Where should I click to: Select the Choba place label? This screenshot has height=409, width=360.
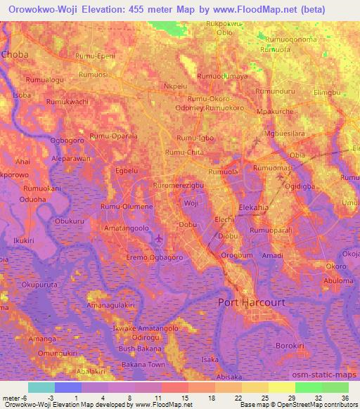tap(15, 53)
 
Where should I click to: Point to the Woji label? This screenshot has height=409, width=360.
tap(191, 203)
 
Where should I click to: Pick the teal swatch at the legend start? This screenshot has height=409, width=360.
tap(41, 387)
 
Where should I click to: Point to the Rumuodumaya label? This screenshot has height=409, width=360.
tap(223, 76)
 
